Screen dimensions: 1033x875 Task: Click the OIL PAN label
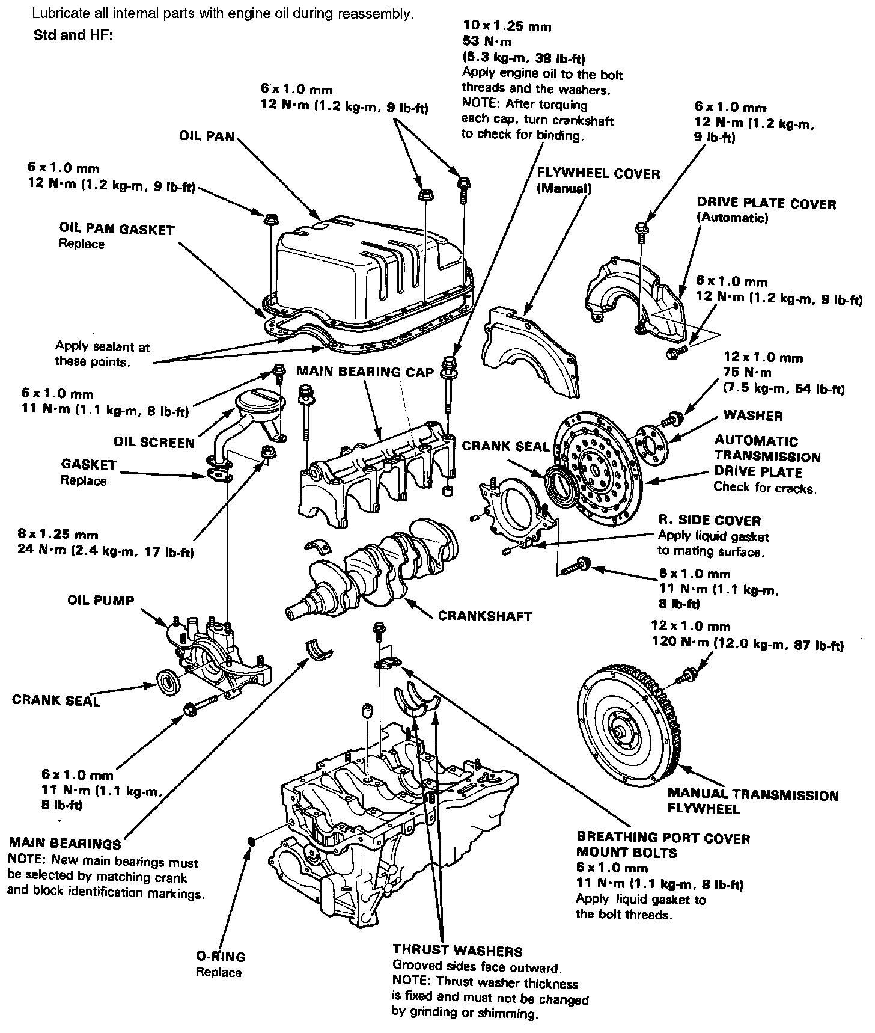pos(207,136)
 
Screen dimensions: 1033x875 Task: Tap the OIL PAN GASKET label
pos(117,230)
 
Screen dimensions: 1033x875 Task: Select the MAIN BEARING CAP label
pos(365,372)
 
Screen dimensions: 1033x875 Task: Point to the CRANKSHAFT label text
pos(485,616)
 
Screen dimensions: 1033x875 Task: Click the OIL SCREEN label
pos(154,443)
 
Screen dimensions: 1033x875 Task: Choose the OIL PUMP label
pos(101,601)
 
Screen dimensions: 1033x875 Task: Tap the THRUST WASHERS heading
pos(457,951)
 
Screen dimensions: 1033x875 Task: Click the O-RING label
pos(221,957)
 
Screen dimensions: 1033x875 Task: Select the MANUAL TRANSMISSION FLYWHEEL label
pos(752,802)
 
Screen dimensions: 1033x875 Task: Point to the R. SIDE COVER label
pos(709,521)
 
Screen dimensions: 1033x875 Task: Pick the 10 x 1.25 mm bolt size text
pos(507,26)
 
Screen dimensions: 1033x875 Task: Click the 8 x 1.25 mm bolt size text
pos(59,535)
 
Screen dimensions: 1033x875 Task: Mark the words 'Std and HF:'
pos(73,35)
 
